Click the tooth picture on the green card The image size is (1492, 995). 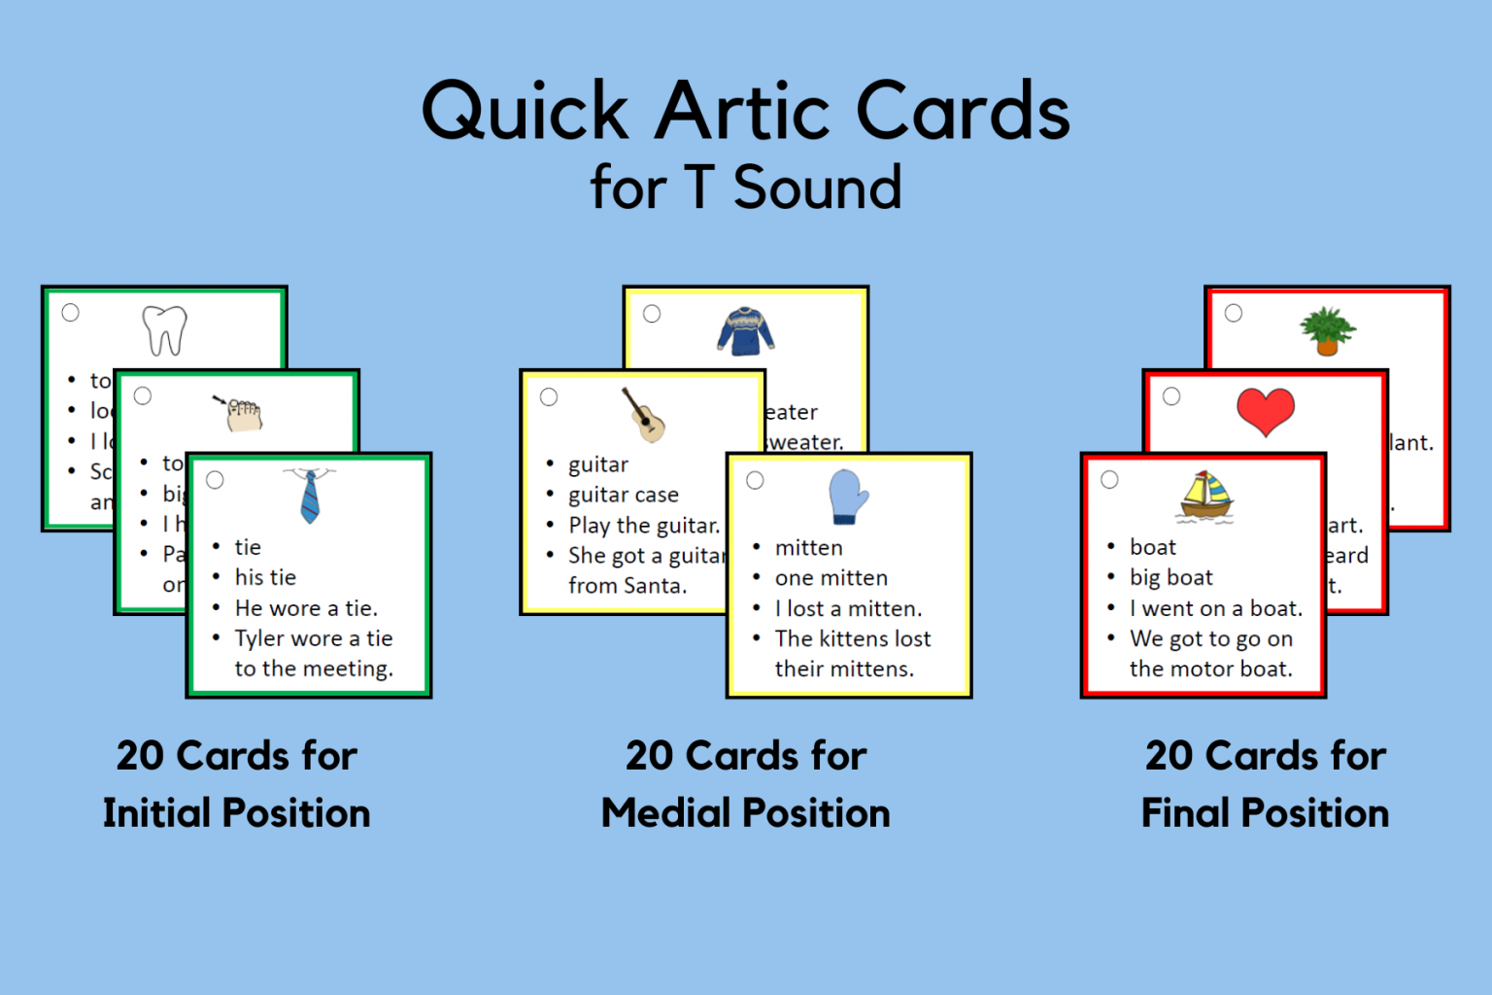[164, 330]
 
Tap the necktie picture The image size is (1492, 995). [310, 496]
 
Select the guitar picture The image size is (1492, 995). [644, 415]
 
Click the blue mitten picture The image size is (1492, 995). [847, 497]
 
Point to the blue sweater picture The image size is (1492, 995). [745, 331]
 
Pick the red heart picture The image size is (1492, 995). [1266, 411]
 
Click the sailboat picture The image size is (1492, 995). [1206, 497]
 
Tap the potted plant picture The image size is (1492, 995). [1328, 330]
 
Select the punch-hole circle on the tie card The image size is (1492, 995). [215, 480]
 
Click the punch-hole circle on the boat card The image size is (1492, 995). [1109, 480]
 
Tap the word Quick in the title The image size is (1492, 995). [526, 112]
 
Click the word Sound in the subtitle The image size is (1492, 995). [817, 188]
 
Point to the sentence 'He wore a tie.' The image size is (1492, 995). [306, 608]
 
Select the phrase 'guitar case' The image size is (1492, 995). [624, 495]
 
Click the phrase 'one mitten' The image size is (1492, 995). [831, 578]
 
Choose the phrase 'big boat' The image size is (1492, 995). [1170, 578]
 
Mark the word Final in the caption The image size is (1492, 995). [1183, 813]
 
